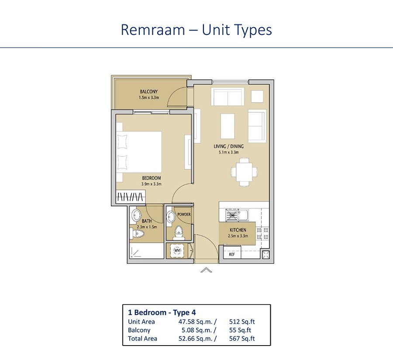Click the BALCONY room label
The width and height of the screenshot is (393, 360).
[x=148, y=91]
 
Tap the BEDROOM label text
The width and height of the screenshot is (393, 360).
[x=151, y=178]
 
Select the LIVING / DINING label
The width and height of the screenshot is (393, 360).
[x=228, y=146]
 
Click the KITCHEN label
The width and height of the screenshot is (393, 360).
[x=238, y=230]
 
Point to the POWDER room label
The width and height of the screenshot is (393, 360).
[x=184, y=215]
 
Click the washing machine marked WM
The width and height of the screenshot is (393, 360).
[x=177, y=250]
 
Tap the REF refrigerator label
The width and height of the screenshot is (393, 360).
[x=232, y=254]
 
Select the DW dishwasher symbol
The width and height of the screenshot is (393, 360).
[x=232, y=215]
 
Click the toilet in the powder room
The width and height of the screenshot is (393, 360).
[x=179, y=232]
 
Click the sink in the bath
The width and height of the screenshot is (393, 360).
[x=137, y=215]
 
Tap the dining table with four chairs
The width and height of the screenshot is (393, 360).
[x=244, y=172]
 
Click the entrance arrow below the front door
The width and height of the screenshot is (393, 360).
[x=206, y=270]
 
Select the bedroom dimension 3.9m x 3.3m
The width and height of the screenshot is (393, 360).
[x=152, y=184]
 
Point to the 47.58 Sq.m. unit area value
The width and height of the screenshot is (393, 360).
[x=197, y=322]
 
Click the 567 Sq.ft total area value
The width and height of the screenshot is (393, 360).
[x=242, y=339]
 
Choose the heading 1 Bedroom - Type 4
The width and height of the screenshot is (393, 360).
[x=162, y=312]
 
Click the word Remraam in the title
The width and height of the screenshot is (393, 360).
[x=153, y=30]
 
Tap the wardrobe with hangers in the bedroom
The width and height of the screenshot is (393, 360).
[x=131, y=197]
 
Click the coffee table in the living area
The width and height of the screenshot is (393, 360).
[x=228, y=126]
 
